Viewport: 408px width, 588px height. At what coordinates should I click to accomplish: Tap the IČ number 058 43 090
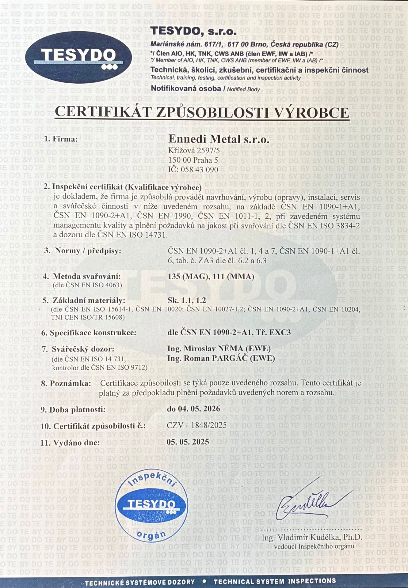point(193,169)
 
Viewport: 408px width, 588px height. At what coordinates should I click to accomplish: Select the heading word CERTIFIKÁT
point(103,112)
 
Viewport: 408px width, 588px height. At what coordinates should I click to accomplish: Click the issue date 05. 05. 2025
point(188,442)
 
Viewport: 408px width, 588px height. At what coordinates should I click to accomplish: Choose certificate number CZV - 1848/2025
point(197,425)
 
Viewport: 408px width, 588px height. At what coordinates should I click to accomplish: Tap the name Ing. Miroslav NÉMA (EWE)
point(219,349)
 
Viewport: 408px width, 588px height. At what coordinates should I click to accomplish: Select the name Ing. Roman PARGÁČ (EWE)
point(221,358)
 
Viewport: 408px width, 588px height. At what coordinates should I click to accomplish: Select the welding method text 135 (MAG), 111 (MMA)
point(211,277)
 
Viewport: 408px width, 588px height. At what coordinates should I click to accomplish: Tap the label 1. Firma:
point(61,139)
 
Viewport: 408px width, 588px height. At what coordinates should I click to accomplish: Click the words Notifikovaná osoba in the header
point(186,89)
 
